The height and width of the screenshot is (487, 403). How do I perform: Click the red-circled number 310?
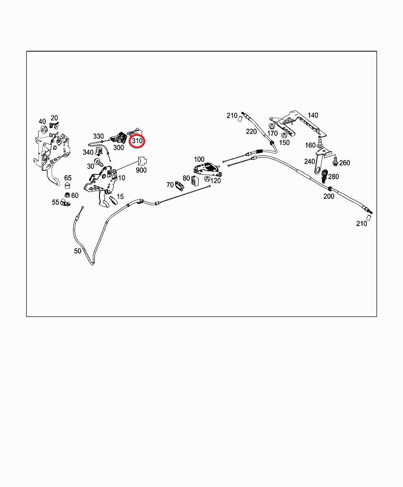tap(137, 141)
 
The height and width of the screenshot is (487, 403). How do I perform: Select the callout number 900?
tap(141, 170)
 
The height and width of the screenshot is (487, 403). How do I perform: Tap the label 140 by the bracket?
tap(313, 115)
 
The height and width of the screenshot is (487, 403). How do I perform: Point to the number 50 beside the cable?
tap(78, 251)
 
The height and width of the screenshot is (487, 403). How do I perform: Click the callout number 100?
tap(199, 159)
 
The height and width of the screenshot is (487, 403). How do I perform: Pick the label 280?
tap(333, 176)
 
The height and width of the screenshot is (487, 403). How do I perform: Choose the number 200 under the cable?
tap(329, 196)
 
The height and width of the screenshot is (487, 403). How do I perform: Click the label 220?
tap(251, 131)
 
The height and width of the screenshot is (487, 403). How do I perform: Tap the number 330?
tap(98, 136)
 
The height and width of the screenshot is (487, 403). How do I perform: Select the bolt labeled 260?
tap(335, 161)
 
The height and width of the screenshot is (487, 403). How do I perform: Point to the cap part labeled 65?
tap(67, 185)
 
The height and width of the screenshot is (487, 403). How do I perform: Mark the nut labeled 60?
tap(67, 195)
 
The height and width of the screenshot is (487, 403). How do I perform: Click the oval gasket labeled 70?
tap(179, 186)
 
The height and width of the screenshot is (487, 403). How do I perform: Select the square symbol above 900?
tap(142, 161)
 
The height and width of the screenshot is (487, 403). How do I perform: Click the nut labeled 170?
tap(272, 127)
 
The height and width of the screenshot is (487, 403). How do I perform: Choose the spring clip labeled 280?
tap(324, 176)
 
